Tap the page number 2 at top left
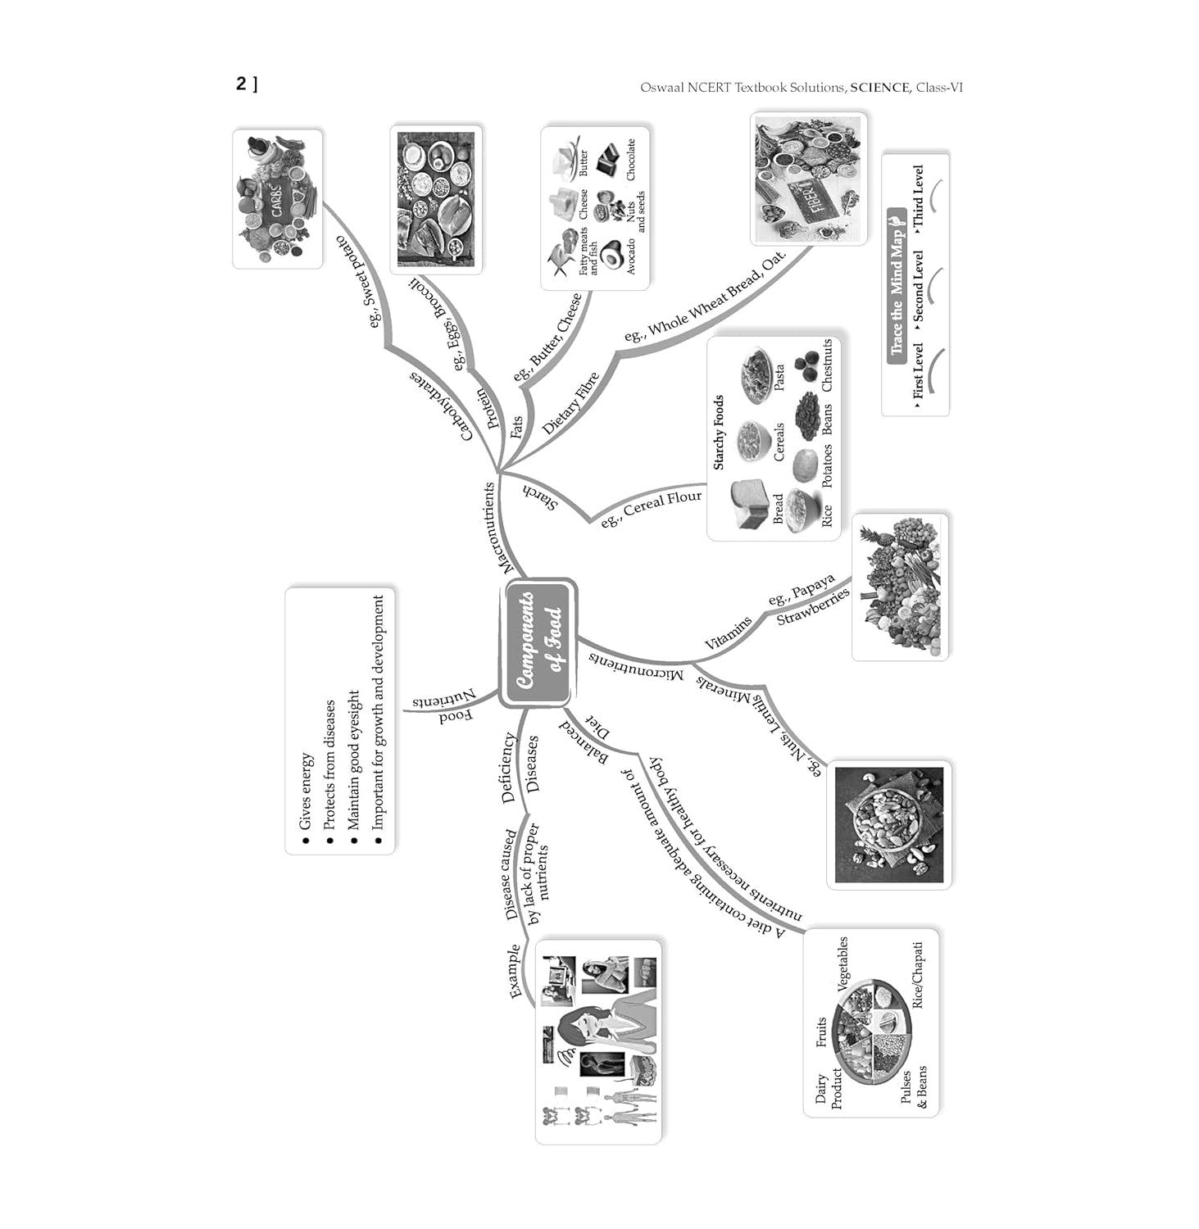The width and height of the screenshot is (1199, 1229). click(x=241, y=84)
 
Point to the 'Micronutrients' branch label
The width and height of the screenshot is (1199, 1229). click(x=636, y=666)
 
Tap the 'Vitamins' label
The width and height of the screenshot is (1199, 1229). click(x=728, y=633)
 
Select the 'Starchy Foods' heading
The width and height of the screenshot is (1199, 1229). click(x=719, y=433)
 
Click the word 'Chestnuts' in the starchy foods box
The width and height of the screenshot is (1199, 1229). click(x=826, y=365)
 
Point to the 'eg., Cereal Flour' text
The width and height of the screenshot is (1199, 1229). click(x=652, y=508)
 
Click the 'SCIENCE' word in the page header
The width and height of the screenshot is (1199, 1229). click(x=879, y=87)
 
